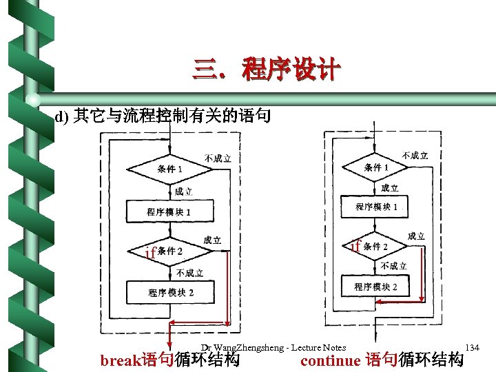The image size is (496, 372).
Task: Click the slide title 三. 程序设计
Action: pos(267,70)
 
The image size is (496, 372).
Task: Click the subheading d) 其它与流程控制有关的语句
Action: pos(163,116)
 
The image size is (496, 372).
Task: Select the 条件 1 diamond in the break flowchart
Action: pos(169,169)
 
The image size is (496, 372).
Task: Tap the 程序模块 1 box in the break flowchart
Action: pos(169,211)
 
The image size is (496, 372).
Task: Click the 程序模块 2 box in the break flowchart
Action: pos(170,292)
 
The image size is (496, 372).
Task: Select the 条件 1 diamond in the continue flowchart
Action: pos(376,167)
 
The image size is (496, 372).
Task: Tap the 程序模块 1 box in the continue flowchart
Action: pos(376,207)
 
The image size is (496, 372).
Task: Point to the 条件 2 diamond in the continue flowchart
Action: pos(376,247)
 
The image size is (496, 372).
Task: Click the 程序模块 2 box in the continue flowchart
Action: pos(376,286)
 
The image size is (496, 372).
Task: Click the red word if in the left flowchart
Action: pos(150,253)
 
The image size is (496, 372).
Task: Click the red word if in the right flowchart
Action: pos(355,245)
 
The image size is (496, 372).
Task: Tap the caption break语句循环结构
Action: pos(170,360)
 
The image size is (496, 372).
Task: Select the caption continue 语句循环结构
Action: pos(382,360)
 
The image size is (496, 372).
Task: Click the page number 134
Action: pos(472,347)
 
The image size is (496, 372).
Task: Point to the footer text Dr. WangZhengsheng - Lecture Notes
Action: pos(273,347)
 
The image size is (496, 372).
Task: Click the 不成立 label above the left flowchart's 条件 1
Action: pos(218,158)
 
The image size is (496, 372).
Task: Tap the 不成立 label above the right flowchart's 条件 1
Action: pos(415,156)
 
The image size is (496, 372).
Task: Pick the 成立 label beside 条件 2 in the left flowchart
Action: pos(212,240)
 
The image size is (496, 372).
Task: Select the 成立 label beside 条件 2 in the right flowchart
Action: pos(416,236)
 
